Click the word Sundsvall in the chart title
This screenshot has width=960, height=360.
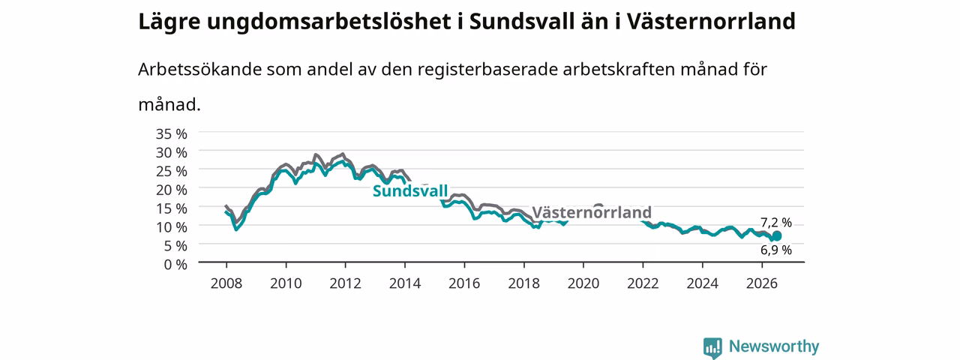521,22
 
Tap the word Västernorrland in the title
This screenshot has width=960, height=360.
712,22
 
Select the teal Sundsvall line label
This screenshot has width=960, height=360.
410,190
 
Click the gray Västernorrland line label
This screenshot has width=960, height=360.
592,212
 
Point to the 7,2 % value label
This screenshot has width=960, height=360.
776,223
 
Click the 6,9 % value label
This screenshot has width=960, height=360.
776,250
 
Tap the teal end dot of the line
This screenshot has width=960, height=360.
776,236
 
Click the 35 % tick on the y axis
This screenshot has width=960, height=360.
172,134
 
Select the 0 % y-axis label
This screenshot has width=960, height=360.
175,265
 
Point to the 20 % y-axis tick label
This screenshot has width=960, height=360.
172,190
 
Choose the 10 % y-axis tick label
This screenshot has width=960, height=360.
172,227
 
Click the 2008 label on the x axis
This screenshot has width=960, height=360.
226,283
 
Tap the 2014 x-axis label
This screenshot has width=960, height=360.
405,283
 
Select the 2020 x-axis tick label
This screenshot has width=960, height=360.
583,283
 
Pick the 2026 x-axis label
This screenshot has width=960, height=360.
762,283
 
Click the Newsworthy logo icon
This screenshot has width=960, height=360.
712,347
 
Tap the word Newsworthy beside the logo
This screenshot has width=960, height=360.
774,346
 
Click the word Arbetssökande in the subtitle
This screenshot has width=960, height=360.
199,70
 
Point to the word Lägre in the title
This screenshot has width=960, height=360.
169,22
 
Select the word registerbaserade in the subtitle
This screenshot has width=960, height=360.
487,70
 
